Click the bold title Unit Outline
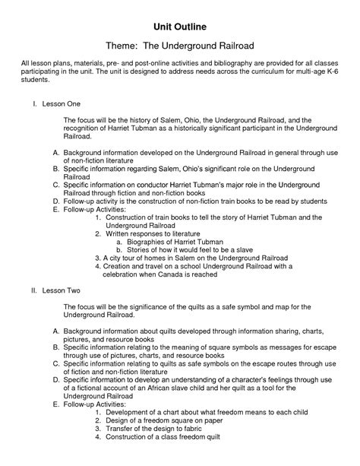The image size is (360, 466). point(180,27)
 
